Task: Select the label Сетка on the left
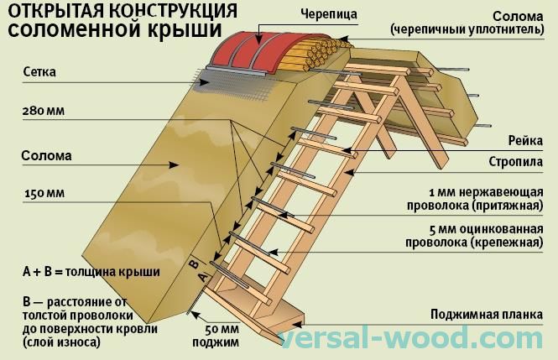(x=40, y=72)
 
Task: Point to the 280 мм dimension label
(x=45, y=111)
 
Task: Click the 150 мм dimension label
(x=45, y=195)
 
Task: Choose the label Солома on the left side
(x=47, y=155)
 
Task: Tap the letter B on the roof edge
(x=192, y=271)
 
